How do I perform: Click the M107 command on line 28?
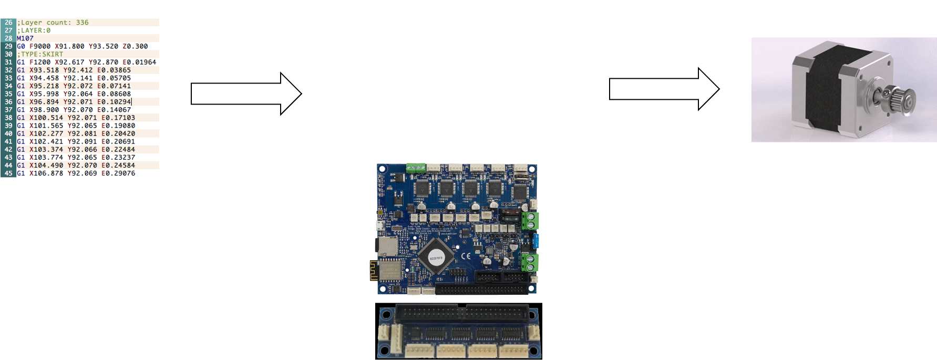(25, 38)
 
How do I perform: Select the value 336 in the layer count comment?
(83, 23)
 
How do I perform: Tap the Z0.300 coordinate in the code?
(135, 46)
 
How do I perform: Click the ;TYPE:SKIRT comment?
(40, 54)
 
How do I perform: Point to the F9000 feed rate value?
(40, 46)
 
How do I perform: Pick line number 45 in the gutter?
(8, 173)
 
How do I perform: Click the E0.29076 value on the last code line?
(118, 173)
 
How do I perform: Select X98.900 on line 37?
(44, 110)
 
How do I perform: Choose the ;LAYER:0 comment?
(34, 30)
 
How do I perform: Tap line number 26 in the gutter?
(8, 23)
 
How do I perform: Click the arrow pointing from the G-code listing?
(246, 94)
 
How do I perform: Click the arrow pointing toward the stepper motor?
(664, 89)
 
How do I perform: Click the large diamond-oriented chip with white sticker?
(436, 256)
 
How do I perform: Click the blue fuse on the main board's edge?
(536, 241)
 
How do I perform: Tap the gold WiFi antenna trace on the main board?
(374, 271)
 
